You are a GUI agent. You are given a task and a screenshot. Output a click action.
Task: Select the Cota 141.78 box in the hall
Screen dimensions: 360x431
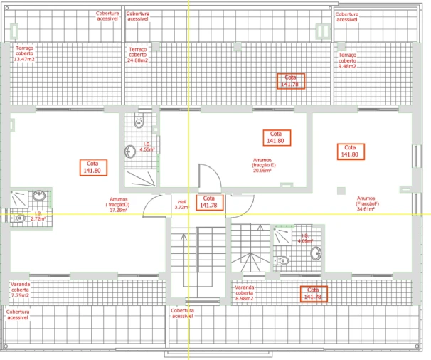tap(208, 202)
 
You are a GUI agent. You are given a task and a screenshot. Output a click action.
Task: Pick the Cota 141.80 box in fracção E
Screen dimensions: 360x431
tap(275, 137)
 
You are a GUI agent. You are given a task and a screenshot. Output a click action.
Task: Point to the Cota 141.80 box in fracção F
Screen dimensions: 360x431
tap(349, 150)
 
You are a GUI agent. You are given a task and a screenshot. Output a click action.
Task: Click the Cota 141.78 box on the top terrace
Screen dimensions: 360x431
tap(290, 80)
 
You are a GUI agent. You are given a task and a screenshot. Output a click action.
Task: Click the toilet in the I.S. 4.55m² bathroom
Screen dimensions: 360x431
tap(139, 123)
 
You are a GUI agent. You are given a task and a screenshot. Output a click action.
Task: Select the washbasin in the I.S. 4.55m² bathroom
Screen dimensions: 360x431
tap(131, 151)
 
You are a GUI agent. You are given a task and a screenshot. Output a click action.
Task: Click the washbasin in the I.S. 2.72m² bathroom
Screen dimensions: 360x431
tap(41, 196)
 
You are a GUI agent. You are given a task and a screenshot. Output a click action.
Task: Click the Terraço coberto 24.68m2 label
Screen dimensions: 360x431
tap(137, 55)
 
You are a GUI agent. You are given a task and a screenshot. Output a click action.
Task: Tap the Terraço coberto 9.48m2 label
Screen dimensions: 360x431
tap(348, 60)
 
